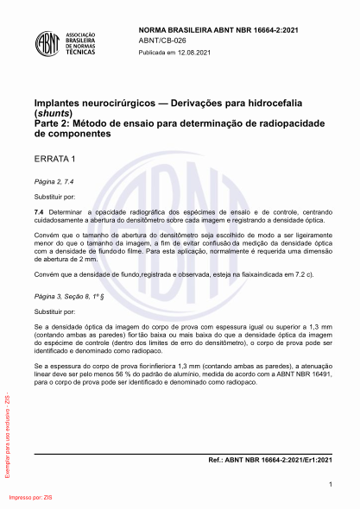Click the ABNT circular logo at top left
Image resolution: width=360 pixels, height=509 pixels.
(x=49, y=42)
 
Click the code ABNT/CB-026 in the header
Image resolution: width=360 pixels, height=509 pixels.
(x=163, y=40)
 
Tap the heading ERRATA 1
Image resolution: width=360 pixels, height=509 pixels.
(x=55, y=160)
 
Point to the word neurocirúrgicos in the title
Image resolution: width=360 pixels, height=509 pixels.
(x=109, y=102)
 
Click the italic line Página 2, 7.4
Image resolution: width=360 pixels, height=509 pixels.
(x=54, y=183)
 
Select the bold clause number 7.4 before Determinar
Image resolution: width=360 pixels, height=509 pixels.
(x=39, y=211)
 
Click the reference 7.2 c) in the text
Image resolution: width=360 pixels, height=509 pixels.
(x=301, y=273)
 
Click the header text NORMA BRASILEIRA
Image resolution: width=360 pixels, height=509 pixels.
(x=172, y=29)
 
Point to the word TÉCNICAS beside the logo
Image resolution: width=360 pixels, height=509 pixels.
(x=83, y=53)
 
